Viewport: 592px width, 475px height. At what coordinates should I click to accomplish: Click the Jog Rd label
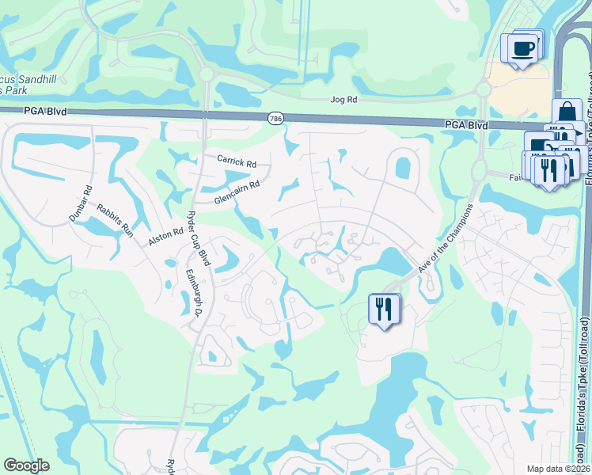coord(343,101)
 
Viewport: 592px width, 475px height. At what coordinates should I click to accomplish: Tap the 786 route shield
coord(275,117)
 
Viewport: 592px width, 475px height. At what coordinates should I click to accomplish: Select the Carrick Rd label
coord(237,161)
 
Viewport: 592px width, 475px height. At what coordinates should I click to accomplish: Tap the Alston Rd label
coord(165,237)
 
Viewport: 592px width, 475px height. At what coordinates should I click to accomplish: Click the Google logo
coord(26,465)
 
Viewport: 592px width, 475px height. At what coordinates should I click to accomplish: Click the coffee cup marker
coord(523,48)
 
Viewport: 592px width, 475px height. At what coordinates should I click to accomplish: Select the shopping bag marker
coord(567,113)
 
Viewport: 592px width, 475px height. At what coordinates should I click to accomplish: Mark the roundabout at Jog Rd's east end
coord(482,90)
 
